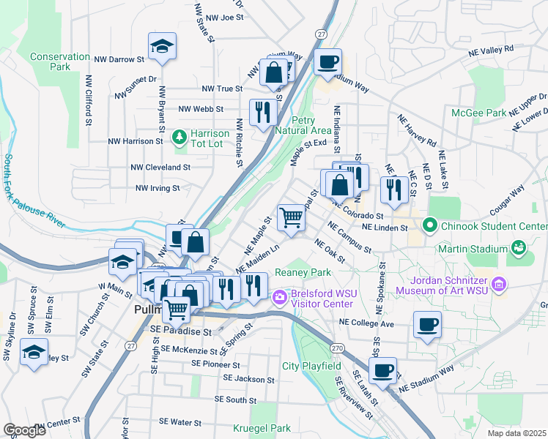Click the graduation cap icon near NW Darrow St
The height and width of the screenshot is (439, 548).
point(162,48)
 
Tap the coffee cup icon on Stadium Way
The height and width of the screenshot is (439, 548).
point(328,61)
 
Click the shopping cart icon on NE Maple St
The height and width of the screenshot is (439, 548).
point(291,217)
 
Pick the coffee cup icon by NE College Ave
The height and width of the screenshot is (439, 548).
point(427,323)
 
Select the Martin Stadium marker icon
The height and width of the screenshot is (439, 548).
point(519,249)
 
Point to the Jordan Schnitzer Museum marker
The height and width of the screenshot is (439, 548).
point(500,282)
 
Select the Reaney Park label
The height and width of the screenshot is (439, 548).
point(300,272)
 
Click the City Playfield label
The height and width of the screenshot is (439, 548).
point(311,366)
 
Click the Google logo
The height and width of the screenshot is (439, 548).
point(24,430)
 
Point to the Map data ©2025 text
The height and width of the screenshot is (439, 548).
point(516,433)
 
